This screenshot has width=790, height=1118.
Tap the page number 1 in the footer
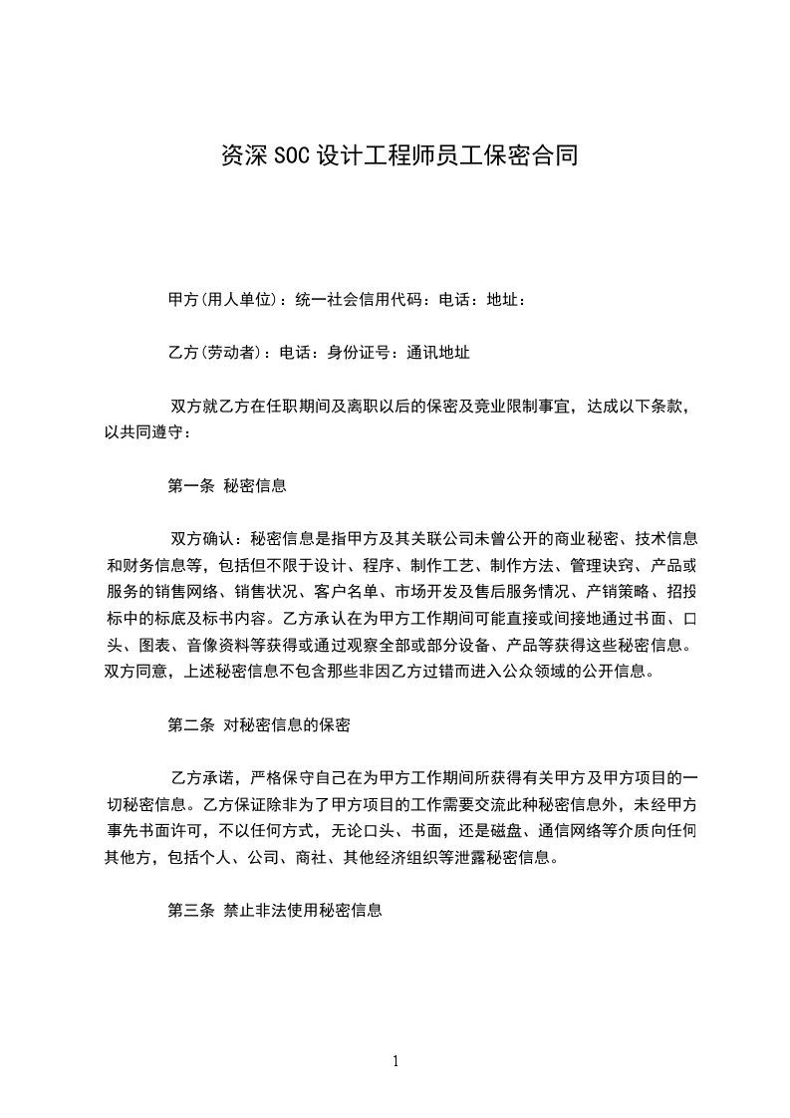click(395, 1061)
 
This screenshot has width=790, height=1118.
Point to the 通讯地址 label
click(439, 352)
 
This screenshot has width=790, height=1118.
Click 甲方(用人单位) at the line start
click(223, 299)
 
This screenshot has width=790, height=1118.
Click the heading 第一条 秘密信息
click(227, 485)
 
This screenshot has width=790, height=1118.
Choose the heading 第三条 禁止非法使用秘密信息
click(275, 911)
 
